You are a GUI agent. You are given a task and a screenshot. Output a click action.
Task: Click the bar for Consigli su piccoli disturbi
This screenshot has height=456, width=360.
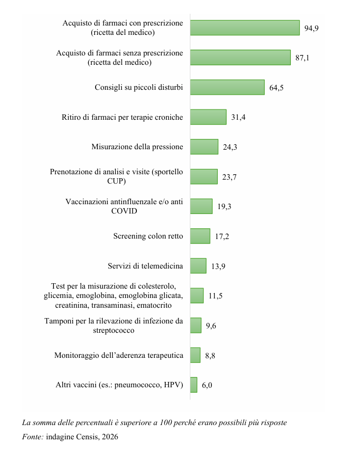(x=227, y=87)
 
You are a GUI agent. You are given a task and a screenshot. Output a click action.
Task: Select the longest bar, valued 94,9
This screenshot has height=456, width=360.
(x=245, y=28)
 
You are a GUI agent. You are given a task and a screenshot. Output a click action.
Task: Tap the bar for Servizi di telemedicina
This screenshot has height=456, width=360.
(x=198, y=266)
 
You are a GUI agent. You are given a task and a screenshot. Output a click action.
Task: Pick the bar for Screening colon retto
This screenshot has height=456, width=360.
(x=200, y=236)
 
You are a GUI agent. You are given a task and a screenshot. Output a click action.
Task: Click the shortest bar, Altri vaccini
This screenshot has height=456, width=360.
(x=194, y=385)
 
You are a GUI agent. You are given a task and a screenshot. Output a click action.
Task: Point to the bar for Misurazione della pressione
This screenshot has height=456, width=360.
(x=204, y=147)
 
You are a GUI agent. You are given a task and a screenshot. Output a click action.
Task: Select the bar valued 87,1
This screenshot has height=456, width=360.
(x=240, y=57)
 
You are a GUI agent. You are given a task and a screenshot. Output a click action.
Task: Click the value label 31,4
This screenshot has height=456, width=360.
(x=238, y=117)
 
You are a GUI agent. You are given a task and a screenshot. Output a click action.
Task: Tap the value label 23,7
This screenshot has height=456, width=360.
(x=230, y=177)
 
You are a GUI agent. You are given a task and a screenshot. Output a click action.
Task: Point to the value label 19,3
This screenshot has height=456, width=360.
(x=224, y=207)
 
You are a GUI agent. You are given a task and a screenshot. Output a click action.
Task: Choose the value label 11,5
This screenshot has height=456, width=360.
(x=215, y=296)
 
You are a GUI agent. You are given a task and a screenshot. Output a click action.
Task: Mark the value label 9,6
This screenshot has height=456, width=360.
(x=211, y=325)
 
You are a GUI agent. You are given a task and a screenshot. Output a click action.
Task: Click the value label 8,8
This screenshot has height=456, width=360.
(x=210, y=355)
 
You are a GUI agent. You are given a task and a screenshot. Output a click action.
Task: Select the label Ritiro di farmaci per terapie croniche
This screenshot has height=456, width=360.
(x=122, y=117)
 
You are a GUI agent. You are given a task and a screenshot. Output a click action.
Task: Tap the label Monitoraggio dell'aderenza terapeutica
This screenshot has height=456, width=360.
(x=118, y=355)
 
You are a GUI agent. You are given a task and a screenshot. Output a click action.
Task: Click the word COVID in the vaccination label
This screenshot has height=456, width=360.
(x=124, y=211)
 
